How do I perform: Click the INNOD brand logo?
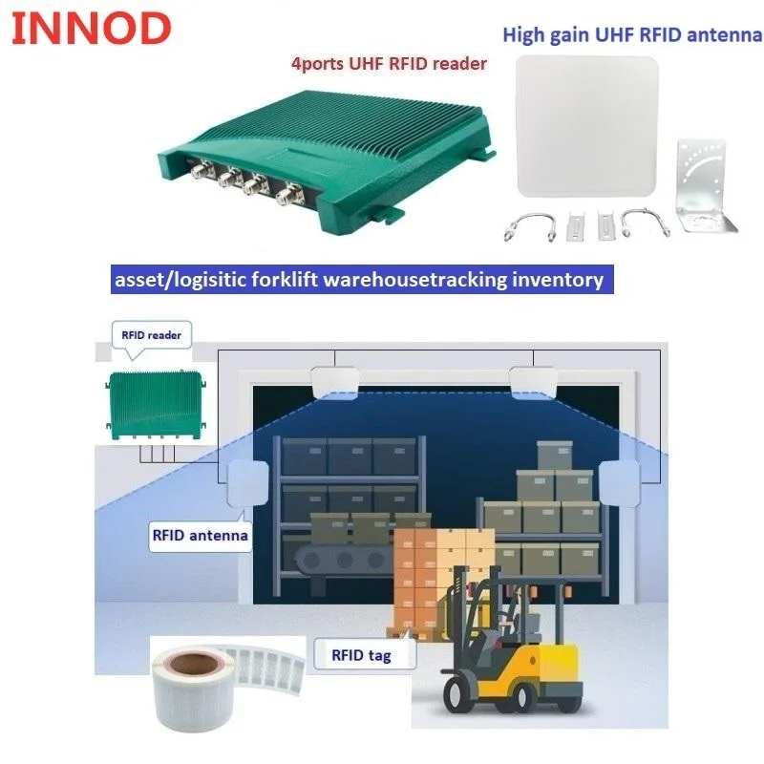click(91, 30)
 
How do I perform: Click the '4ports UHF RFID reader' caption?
click(389, 63)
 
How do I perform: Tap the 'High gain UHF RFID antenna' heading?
click(632, 35)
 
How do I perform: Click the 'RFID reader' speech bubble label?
click(151, 335)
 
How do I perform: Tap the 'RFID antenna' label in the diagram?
click(200, 535)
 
